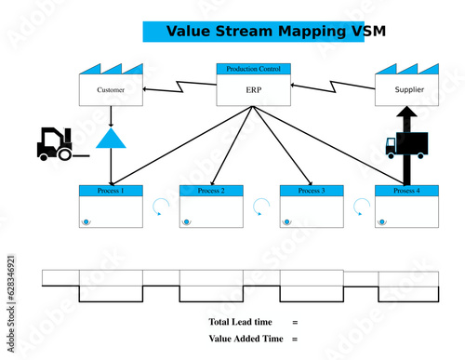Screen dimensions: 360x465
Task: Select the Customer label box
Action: point(111,90)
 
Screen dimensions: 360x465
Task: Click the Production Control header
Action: point(254,69)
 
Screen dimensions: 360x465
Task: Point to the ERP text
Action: point(254,90)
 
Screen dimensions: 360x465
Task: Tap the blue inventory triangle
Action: point(112,139)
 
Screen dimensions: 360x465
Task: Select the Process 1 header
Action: point(111,191)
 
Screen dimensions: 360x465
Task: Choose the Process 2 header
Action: point(211,191)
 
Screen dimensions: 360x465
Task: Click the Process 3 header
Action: point(312,191)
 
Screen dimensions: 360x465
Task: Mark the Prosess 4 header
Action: point(406,191)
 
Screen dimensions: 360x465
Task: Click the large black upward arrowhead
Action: point(405,114)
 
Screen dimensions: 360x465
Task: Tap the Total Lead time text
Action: point(241,322)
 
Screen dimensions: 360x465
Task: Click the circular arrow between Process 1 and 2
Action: point(161,206)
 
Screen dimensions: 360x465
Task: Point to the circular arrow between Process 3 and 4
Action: point(361,206)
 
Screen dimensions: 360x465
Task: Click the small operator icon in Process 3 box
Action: point(287,221)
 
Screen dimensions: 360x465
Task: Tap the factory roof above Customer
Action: point(111,70)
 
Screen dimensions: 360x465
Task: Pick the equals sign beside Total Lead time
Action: point(295,322)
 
